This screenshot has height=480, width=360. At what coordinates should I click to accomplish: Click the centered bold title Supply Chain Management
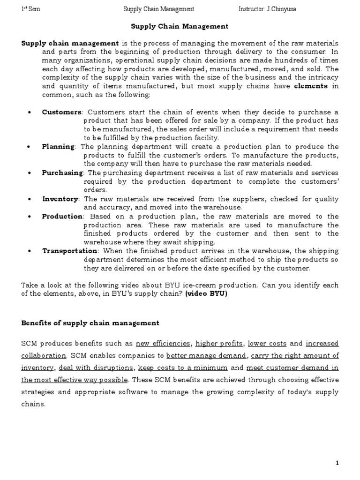click(180, 27)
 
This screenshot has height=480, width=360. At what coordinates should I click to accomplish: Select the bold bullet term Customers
click(61, 112)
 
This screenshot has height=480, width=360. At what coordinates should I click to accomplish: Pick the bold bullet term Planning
click(58, 147)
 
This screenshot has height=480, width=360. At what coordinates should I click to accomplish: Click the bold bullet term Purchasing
click(62, 173)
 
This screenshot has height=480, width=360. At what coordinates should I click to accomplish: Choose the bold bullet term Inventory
click(60, 199)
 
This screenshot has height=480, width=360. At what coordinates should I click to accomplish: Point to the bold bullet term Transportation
click(69, 251)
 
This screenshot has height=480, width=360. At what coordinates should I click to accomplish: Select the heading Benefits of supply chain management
click(90, 323)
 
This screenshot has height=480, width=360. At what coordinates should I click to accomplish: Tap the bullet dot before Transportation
click(30, 251)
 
